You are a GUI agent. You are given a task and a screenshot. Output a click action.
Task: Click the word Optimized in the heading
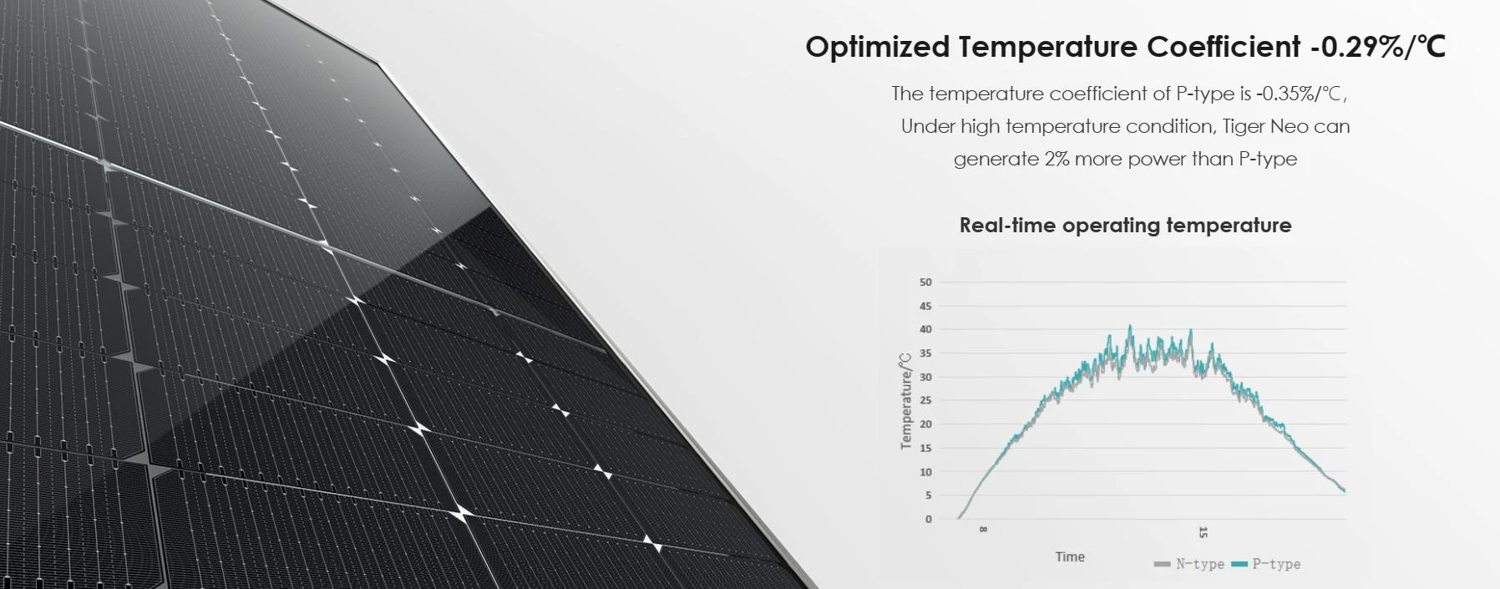[877, 48]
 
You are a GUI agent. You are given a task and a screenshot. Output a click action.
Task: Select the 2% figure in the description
[1057, 159]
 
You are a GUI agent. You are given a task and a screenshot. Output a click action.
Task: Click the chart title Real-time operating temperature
[1125, 225]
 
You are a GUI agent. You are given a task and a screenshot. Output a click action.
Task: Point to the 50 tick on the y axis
[925, 282]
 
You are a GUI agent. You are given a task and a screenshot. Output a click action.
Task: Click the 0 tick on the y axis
[928, 519]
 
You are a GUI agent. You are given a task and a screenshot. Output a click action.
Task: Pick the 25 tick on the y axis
[925, 400]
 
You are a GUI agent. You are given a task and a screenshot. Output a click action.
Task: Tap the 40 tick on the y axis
[925, 329]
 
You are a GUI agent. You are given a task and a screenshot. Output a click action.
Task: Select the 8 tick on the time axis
[983, 530]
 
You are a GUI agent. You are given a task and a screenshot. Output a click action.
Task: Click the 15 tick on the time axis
[1203, 532]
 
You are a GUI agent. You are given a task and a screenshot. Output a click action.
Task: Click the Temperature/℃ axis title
[906, 401]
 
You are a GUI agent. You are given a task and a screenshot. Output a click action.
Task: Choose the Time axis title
[1070, 556]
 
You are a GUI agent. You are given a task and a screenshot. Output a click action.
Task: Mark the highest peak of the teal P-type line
[1131, 327]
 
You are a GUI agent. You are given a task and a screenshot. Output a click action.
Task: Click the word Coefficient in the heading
[1224, 48]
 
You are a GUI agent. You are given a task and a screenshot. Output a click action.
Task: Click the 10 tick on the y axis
[925, 472]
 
